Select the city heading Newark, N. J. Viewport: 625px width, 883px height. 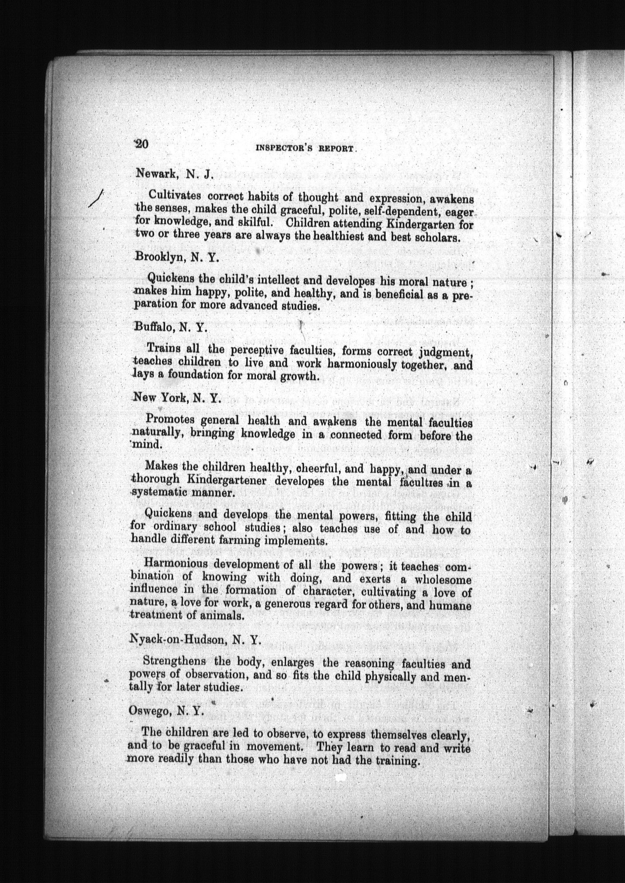click(174, 174)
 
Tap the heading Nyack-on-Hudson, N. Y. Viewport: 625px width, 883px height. click(195, 640)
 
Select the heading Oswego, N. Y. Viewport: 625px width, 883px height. click(167, 711)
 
